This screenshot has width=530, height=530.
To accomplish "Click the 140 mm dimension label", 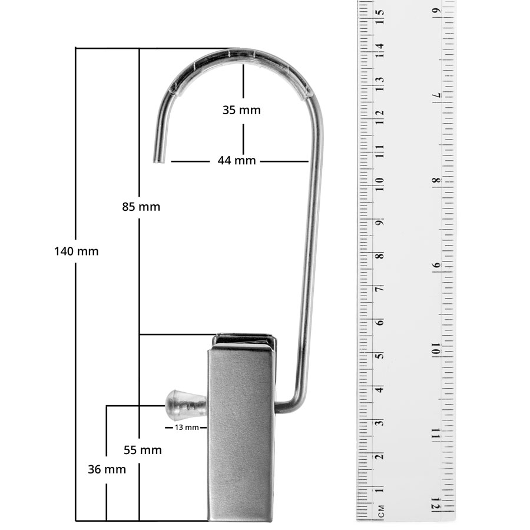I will click(77, 251).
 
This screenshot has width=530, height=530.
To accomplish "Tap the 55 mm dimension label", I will click(143, 450).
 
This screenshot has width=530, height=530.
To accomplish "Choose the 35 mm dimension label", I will click(241, 110).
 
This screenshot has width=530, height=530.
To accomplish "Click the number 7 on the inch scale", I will click(436, 95).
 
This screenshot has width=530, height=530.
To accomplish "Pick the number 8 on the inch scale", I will click(436, 180).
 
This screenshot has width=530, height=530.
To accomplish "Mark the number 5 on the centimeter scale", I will click(381, 356).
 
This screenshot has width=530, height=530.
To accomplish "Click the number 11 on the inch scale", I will click(436, 433).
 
